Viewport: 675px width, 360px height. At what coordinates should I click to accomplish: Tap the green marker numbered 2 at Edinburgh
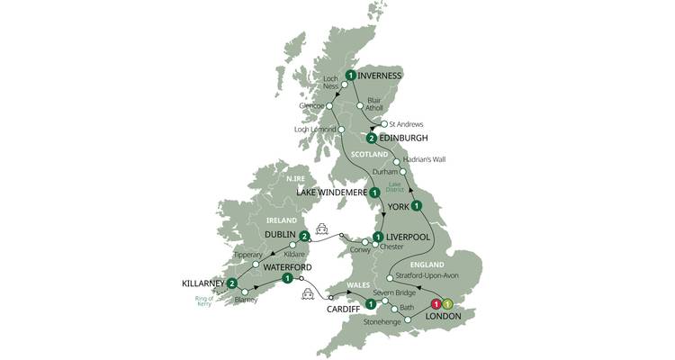click(x=370, y=138)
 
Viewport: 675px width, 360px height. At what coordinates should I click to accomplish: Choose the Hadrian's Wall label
click(x=426, y=160)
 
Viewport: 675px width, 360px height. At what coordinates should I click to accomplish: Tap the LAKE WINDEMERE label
click(x=330, y=192)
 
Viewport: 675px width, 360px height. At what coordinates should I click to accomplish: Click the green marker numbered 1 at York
click(x=417, y=206)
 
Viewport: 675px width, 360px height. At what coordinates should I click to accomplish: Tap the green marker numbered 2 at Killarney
click(x=232, y=284)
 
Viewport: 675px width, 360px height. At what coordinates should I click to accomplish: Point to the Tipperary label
click(x=249, y=255)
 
